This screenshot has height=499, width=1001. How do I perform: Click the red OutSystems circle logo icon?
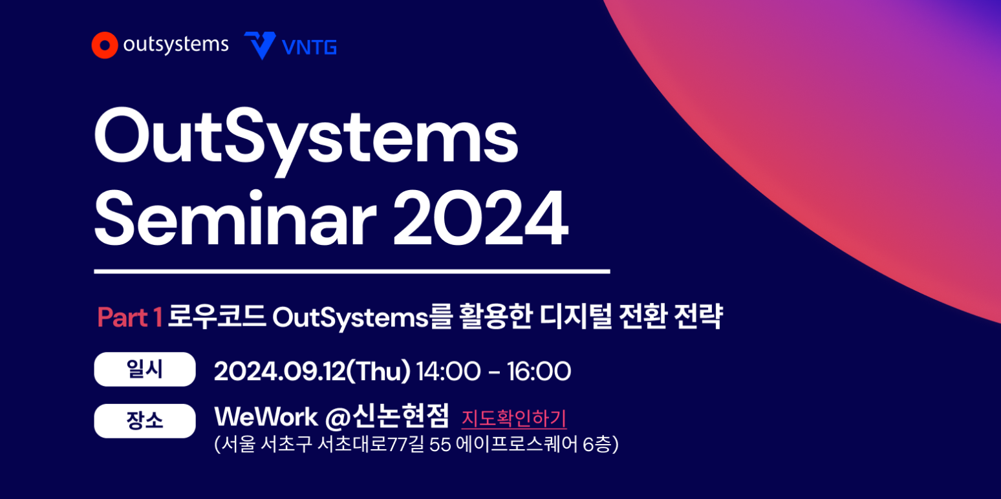[x=105, y=45]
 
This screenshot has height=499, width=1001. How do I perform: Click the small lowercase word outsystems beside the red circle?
[x=176, y=45]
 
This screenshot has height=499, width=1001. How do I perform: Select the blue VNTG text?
[x=309, y=47]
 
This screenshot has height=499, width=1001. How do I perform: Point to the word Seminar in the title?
[x=235, y=217]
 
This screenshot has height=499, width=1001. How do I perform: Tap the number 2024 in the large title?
[x=480, y=218]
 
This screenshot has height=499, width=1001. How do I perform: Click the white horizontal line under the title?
[x=352, y=271]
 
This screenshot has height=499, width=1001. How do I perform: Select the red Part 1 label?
[x=129, y=317]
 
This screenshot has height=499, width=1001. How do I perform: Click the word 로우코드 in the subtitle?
[x=217, y=317]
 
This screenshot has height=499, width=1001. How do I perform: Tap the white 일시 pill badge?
[x=145, y=370]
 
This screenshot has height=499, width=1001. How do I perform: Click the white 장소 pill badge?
[x=145, y=421]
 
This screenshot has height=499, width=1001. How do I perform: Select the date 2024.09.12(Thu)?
[x=312, y=371]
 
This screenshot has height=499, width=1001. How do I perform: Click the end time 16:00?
[x=539, y=371]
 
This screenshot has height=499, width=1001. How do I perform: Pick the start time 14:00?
[x=448, y=371]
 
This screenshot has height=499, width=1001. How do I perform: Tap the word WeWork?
[x=266, y=417]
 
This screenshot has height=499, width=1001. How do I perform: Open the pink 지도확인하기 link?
[x=514, y=419]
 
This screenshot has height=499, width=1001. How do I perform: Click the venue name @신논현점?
[x=387, y=416]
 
